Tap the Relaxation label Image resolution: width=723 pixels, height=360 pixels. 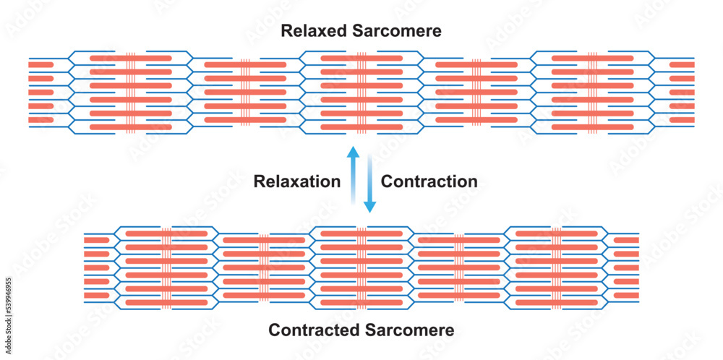pos(296,181)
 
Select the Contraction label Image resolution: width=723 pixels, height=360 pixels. pos(429,181)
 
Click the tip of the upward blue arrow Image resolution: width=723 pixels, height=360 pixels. pos(353,150)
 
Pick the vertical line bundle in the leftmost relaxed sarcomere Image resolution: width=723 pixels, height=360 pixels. pos(131,92)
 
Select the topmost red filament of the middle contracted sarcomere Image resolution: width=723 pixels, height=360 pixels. pos(361,233)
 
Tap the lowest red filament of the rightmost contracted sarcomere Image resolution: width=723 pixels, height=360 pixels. pos(555,302)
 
